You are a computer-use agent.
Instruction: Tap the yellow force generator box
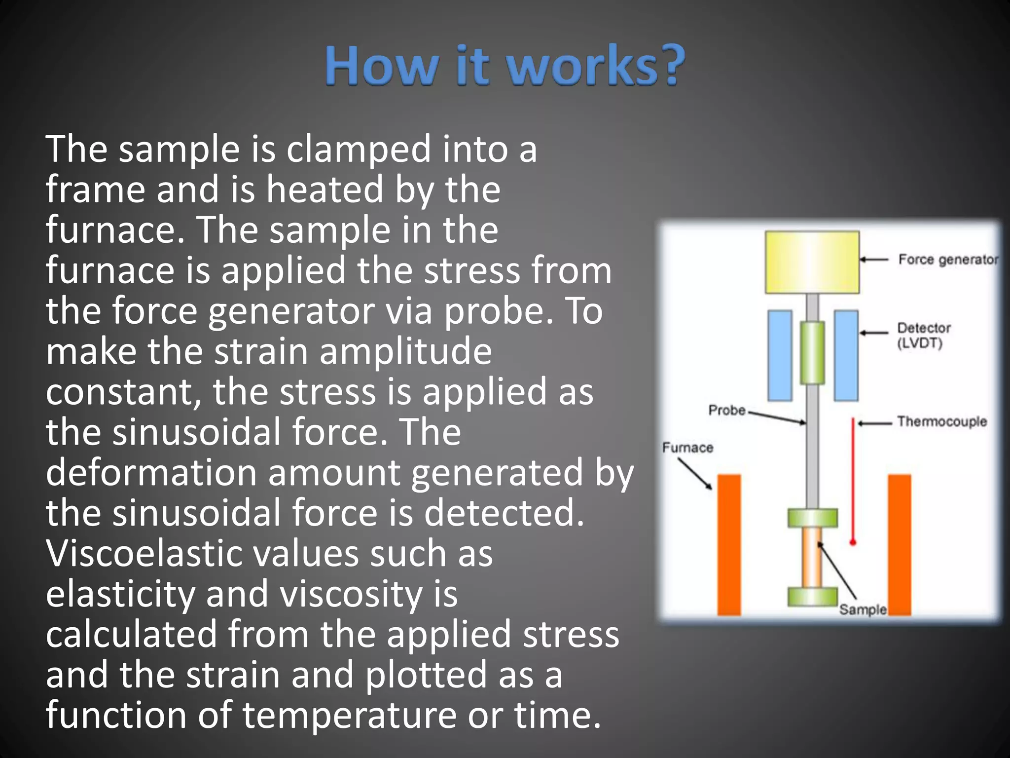(x=812, y=262)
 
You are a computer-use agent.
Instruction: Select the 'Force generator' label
(x=947, y=260)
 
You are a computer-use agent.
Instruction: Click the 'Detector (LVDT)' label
(x=923, y=335)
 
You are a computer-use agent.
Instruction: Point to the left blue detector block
(x=780, y=355)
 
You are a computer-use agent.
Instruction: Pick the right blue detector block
(x=846, y=355)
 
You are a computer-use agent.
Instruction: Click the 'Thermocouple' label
(x=941, y=421)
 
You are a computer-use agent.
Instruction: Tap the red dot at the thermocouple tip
(x=853, y=542)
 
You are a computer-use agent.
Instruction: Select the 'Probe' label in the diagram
(x=726, y=410)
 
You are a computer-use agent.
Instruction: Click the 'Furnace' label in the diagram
(x=687, y=448)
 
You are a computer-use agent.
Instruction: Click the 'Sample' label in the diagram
(x=863, y=609)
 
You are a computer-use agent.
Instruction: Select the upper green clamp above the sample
(x=812, y=518)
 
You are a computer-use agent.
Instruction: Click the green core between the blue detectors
(x=812, y=352)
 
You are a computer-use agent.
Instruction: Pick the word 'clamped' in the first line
(x=359, y=149)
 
